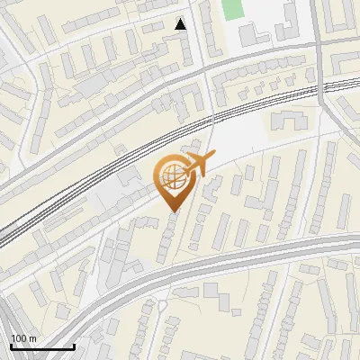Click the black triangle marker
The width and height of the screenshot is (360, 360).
(x=181, y=24)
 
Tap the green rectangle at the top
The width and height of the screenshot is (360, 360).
(x=233, y=10)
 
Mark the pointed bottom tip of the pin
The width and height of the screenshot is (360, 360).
(x=173, y=211)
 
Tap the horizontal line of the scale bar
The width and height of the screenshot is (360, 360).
(x=41, y=346)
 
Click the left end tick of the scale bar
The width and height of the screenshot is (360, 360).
(x=10, y=345)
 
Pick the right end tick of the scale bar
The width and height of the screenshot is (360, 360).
(x=74, y=345)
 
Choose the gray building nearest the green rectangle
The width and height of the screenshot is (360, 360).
(x=248, y=36)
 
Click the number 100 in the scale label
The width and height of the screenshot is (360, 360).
(x=19, y=338)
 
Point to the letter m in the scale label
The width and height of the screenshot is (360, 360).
(x=31, y=338)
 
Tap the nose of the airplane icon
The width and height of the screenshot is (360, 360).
(x=214, y=157)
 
